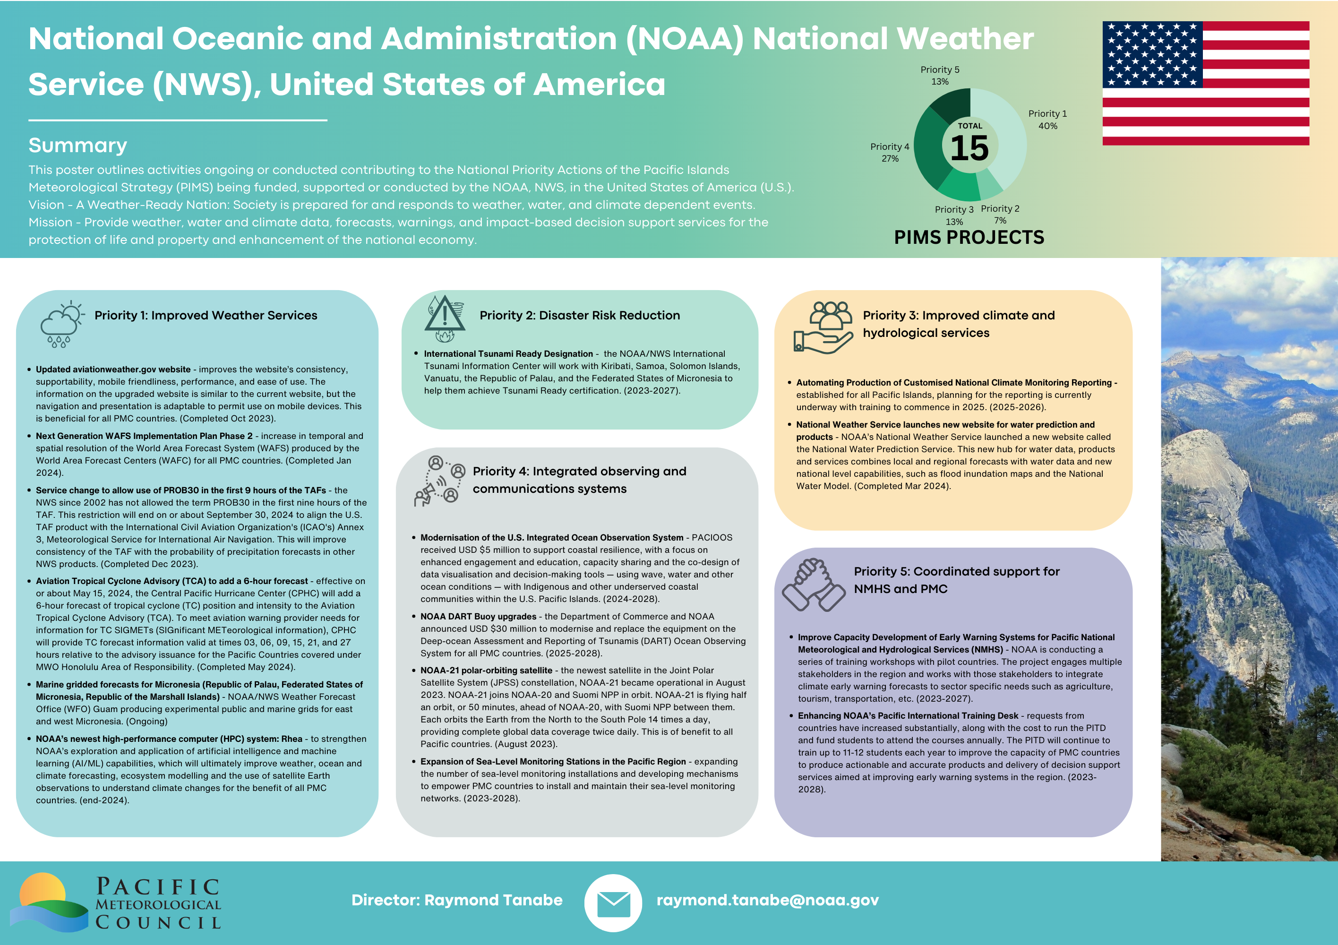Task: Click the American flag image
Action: click(1205, 83)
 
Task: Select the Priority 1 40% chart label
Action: click(1047, 120)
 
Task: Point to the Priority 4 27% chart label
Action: click(889, 152)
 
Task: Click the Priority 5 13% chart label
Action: click(939, 75)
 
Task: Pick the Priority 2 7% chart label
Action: click(1000, 214)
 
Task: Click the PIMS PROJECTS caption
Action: click(969, 237)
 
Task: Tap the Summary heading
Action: click(77, 145)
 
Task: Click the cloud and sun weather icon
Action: click(61, 324)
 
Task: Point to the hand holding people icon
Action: click(823, 327)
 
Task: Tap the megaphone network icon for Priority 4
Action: click(439, 481)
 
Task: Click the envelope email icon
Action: click(613, 903)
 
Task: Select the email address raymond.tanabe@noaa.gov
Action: click(767, 900)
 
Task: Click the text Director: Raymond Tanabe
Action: click(457, 900)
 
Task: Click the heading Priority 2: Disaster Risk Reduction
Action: click(579, 315)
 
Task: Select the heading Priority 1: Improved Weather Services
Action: click(206, 315)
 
